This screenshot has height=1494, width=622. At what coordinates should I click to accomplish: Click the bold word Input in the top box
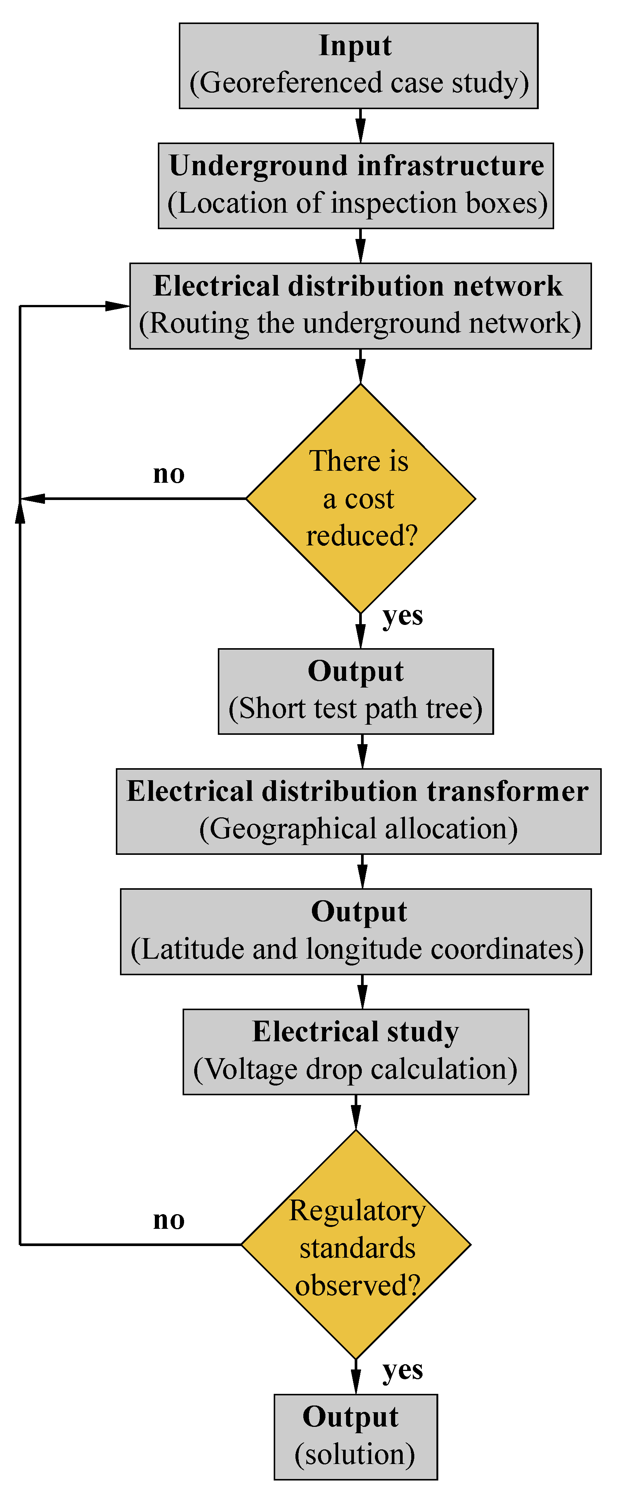coord(355,46)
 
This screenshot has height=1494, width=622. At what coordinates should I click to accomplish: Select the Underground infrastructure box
coord(355,186)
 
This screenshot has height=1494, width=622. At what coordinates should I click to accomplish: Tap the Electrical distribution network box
coord(360,306)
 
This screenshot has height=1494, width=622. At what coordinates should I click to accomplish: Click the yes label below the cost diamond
coord(402,616)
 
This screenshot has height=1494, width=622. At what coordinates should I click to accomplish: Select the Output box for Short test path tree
coord(355,691)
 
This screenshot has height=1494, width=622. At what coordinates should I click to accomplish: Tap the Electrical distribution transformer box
coord(358,811)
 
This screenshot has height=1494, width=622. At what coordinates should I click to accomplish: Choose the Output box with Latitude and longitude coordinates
coord(355,931)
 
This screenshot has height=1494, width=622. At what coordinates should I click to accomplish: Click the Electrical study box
coord(355,1051)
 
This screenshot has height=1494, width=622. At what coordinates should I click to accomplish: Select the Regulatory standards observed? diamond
coord(355,1244)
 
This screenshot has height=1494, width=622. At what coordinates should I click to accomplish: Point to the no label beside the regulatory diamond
coord(169,1220)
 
